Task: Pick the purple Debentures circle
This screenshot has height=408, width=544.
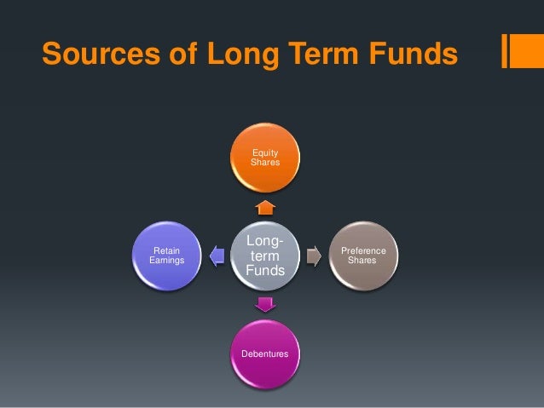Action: point(264,353)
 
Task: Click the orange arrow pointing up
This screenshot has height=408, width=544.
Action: point(264,207)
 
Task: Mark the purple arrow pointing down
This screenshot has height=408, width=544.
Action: point(264,304)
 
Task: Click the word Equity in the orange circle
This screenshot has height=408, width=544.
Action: point(264,153)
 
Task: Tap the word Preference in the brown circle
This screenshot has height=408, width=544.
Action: point(363,250)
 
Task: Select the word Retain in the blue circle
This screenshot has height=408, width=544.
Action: point(166,250)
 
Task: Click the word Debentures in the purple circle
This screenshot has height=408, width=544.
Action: point(264,353)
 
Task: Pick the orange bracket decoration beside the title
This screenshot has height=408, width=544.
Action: point(516,51)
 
